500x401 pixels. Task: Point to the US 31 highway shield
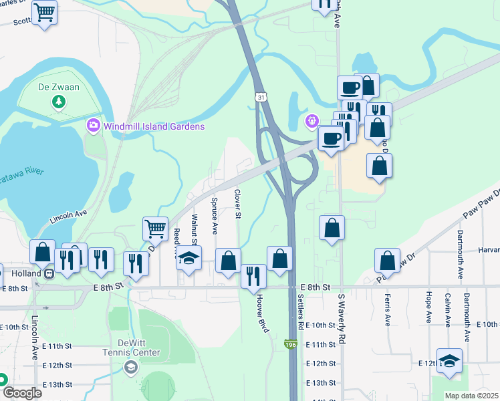pyautogui.click(x=259, y=98)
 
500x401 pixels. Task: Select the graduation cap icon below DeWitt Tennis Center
pyautogui.click(x=131, y=366)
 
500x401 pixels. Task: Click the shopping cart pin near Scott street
pyautogui.click(x=45, y=12)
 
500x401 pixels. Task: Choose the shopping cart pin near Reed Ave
pyautogui.click(x=155, y=229)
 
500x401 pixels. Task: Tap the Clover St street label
pyautogui.click(x=237, y=204)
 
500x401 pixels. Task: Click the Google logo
pyautogui.click(x=21, y=393)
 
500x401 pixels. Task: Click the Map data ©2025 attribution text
pyautogui.click(x=471, y=396)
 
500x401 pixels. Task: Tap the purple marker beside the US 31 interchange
pyautogui.click(x=310, y=121)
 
